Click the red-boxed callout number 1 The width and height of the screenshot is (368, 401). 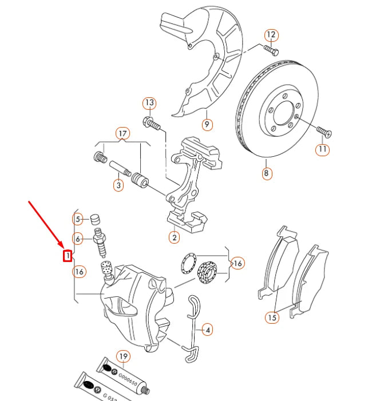click(68, 255)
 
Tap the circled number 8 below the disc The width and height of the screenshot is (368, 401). click(267, 172)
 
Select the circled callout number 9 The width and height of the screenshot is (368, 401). click(207, 124)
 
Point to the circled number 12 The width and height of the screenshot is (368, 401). click(271, 35)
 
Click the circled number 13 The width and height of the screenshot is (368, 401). click(149, 104)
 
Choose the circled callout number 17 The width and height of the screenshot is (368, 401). click(121, 134)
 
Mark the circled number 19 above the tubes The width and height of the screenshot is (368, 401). click(123, 357)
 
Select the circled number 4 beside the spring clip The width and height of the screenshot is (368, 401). click(207, 329)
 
